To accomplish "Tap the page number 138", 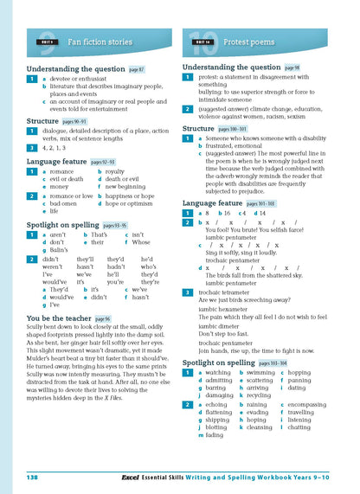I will (x=33, y=476).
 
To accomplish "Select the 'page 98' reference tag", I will (x=292, y=67).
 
